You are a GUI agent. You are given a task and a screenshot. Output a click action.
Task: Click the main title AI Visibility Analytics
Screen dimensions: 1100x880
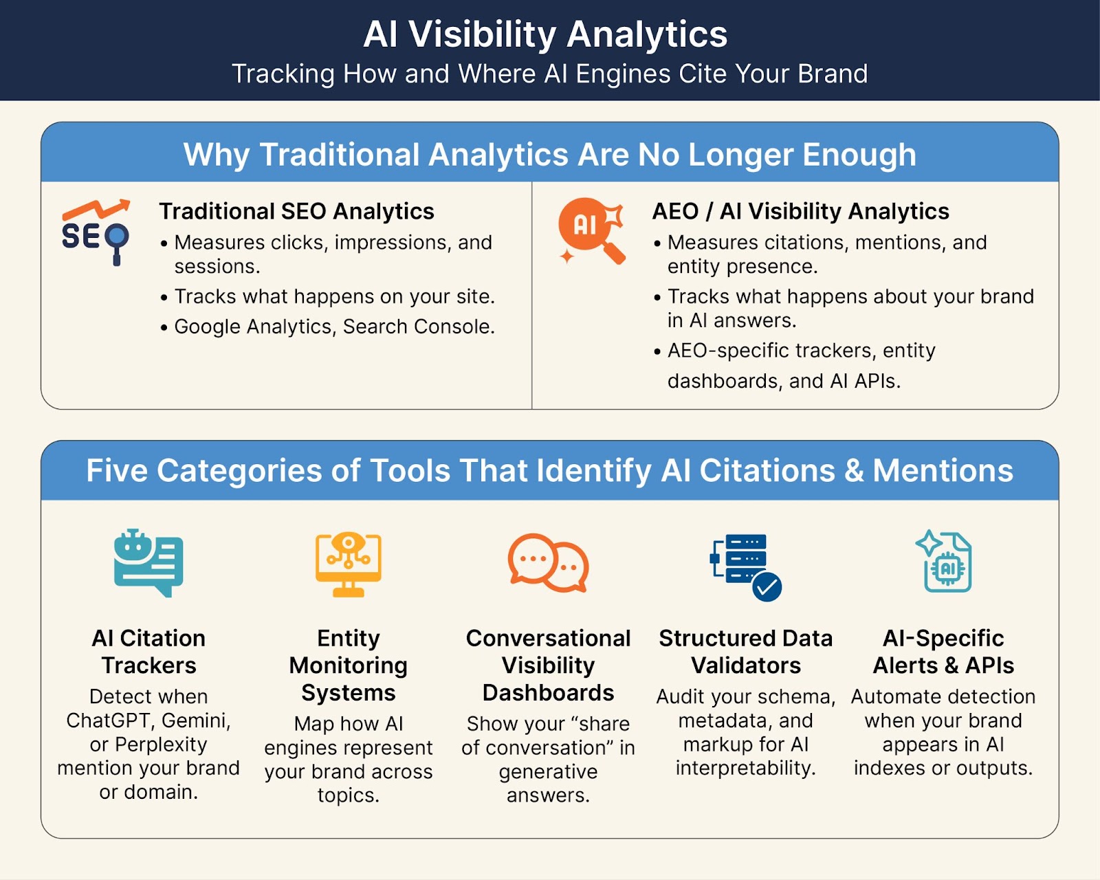tap(545, 35)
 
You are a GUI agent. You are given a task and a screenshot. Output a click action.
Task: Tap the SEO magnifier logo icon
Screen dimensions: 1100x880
tap(96, 232)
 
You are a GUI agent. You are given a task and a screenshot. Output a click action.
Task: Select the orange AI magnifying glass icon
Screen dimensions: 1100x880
tap(592, 231)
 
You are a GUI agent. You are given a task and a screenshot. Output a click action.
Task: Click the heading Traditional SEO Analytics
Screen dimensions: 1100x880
tap(296, 211)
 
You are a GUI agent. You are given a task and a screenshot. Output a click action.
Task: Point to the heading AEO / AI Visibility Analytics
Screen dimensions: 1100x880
tap(800, 211)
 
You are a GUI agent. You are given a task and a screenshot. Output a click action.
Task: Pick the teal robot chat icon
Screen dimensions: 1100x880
tap(148, 563)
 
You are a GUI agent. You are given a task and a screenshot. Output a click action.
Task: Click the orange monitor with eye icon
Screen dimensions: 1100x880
tap(348, 564)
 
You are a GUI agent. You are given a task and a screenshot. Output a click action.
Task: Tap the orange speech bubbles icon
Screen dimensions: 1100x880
tap(548, 563)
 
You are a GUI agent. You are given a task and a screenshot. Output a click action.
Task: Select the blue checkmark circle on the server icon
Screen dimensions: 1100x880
tap(767, 587)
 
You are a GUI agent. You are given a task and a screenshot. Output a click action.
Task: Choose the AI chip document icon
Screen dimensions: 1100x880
tap(943, 561)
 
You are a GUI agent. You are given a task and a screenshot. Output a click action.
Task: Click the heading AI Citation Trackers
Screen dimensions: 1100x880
tap(148, 652)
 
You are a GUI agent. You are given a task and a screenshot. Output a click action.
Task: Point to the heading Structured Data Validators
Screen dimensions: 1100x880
tap(746, 652)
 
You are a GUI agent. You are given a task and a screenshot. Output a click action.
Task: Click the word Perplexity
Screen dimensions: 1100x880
tap(161, 745)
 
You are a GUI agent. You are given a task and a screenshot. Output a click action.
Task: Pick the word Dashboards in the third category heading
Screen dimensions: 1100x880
tap(548, 693)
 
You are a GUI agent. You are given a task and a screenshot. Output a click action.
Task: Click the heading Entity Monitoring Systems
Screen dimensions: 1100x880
tap(348, 665)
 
